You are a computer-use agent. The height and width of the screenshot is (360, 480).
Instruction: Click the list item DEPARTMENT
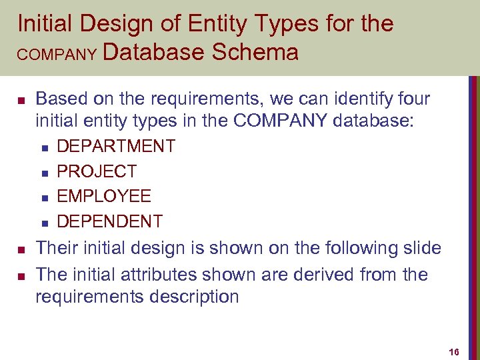pyautogui.click(x=116, y=146)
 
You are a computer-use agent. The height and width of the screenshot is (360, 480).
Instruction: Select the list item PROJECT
pyautogui.click(x=97, y=171)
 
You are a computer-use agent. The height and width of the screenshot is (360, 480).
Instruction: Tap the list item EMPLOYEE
pyautogui.click(x=104, y=196)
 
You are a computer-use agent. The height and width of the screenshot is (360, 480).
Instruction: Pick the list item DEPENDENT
pyautogui.click(x=110, y=221)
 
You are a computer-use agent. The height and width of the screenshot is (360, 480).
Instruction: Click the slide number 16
pyautogui.click(x=455, y=352)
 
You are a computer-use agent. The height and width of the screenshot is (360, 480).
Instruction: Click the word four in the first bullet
pyautogui.click(x=410, y=99)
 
